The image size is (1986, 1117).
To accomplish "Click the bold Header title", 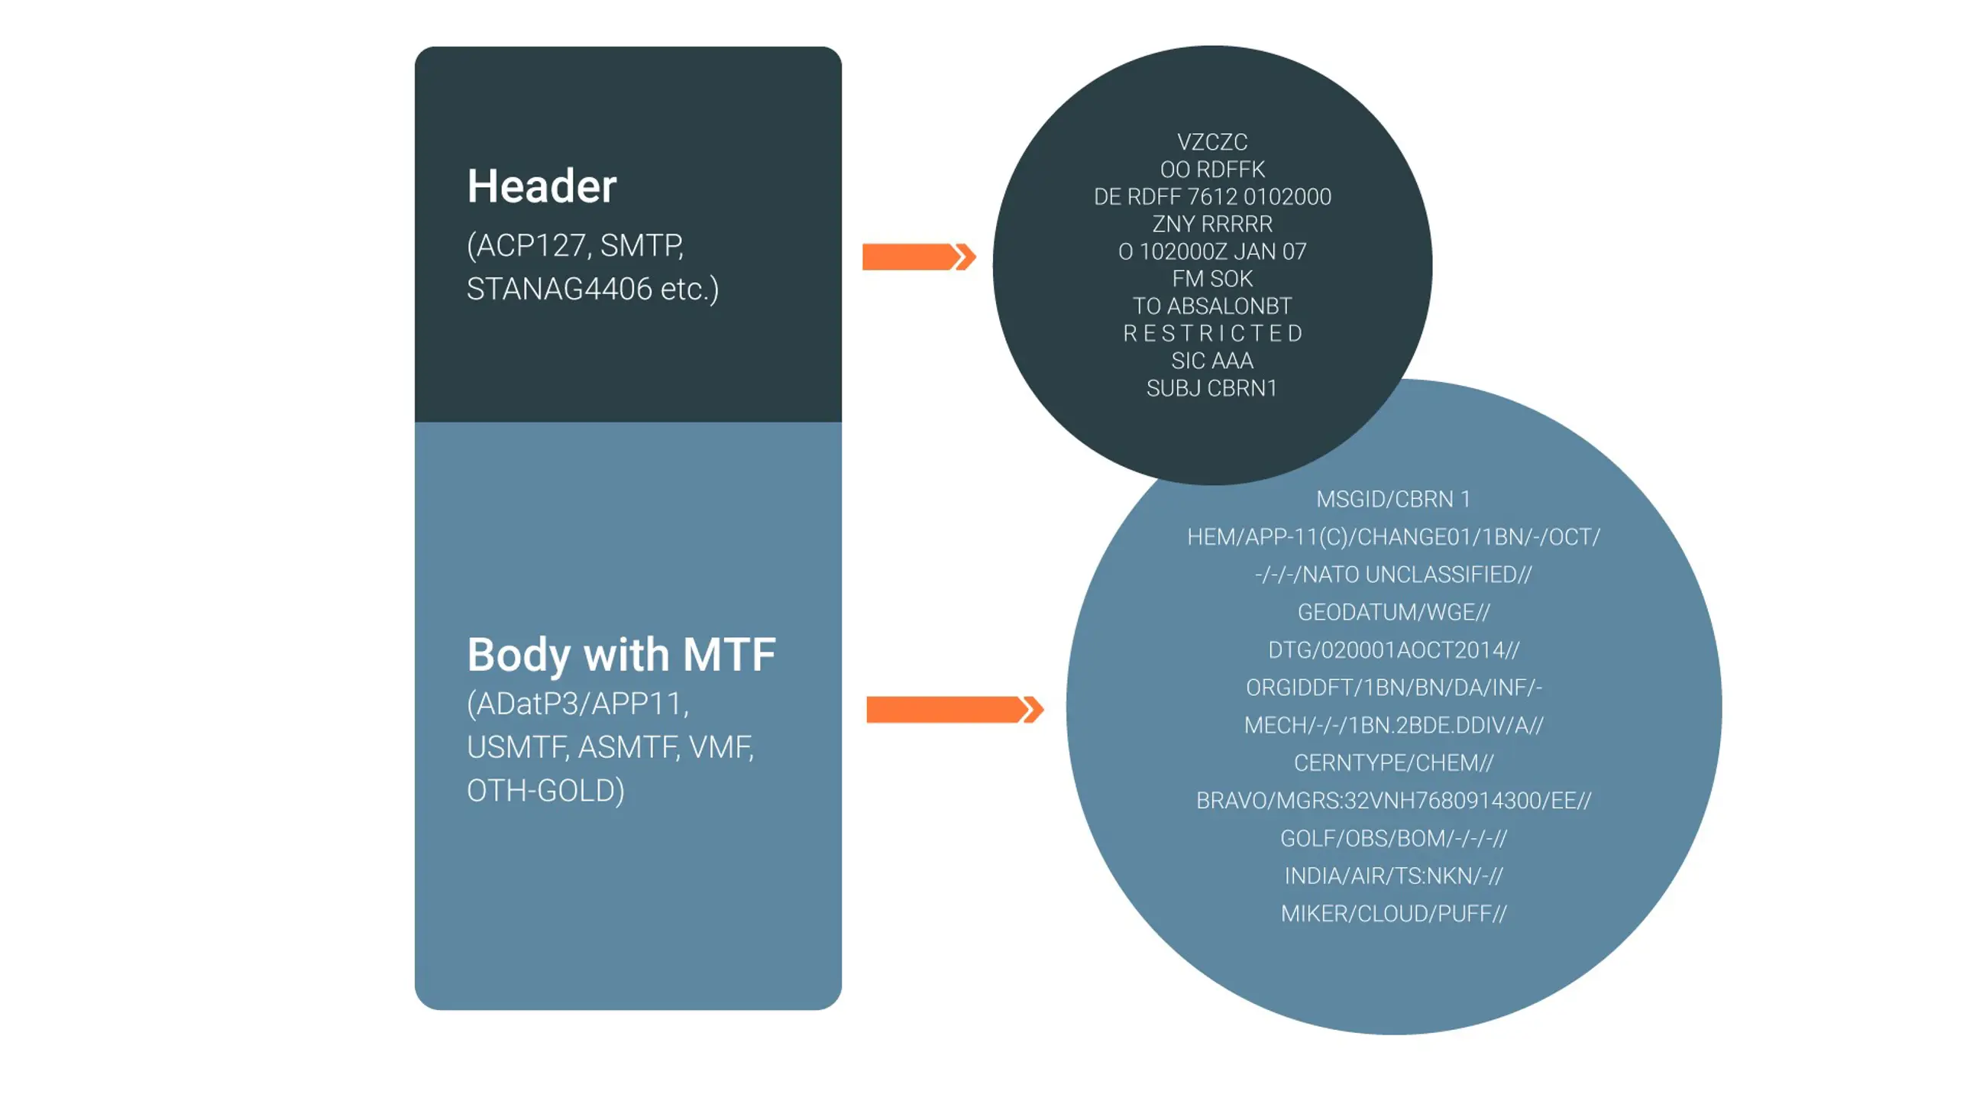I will click(x=542, y=186).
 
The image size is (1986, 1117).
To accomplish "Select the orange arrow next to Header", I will click(x=917, y=257).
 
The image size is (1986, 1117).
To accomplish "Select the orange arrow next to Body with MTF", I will click(x=954, y=709).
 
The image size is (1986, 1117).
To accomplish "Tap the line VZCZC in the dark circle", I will click(x=1212, y=143).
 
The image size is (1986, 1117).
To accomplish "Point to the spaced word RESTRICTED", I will click(x=1212, y=333).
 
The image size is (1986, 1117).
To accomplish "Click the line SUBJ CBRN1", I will click(x=1212, y=388).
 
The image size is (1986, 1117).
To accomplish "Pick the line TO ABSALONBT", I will click(x=1212, y=306).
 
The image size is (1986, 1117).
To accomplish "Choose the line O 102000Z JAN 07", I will click(x=1212, y=251).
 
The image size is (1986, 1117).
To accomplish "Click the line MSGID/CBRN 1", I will click(x=1393, y=500).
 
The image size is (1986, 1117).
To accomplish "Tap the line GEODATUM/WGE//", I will click(x=1393, y=612).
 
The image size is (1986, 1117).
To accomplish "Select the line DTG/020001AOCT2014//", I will click(x=1393, y=650).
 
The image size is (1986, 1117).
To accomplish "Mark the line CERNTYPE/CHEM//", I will click(x=1393, y=763).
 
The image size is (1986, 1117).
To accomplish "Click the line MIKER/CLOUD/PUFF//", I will click(x=1393, y=914).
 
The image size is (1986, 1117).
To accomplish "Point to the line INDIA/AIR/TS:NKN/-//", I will click(x=1393, y=876).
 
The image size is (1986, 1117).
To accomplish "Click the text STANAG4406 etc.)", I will click(x=592, y=289).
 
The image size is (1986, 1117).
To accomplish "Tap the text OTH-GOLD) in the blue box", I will click(x=545, y=791).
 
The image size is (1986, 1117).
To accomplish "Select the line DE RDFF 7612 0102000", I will click(x=1212, y=197).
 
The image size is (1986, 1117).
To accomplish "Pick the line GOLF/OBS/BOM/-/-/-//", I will click(x=1393, y=838).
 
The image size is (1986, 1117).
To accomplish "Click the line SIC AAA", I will click(x=1212, y=361).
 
